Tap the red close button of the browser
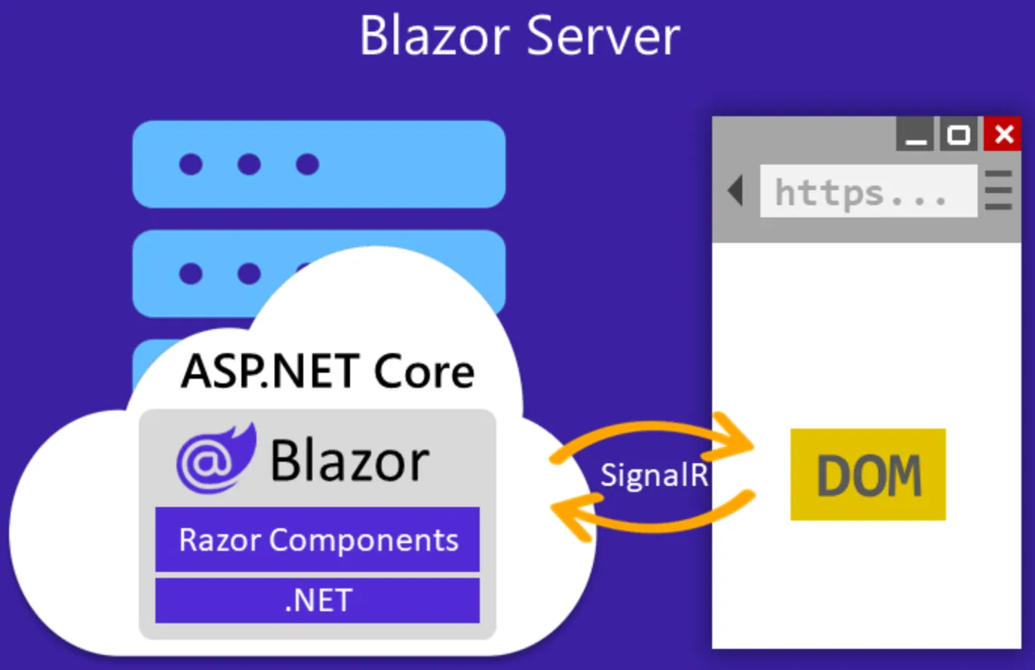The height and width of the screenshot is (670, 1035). pos(1003,134)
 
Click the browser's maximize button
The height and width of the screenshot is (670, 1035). pos(958,134)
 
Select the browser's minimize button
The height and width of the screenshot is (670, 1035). pos(915,134)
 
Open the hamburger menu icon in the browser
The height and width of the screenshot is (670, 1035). pos(999,191)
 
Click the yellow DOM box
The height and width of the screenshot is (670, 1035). pos(868,475)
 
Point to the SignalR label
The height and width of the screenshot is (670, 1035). pos(653,475)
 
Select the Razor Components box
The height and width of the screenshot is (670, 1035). pos(318,539)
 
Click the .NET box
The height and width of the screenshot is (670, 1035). pos(318,601)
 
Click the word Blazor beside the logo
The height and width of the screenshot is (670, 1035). pos(349,459)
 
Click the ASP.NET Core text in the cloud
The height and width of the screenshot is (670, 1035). pos(327,371)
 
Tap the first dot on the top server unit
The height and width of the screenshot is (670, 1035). pos(190,164)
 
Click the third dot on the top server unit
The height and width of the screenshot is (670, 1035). pos(307,164)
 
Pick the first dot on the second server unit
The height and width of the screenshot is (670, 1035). pos(190,273)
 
